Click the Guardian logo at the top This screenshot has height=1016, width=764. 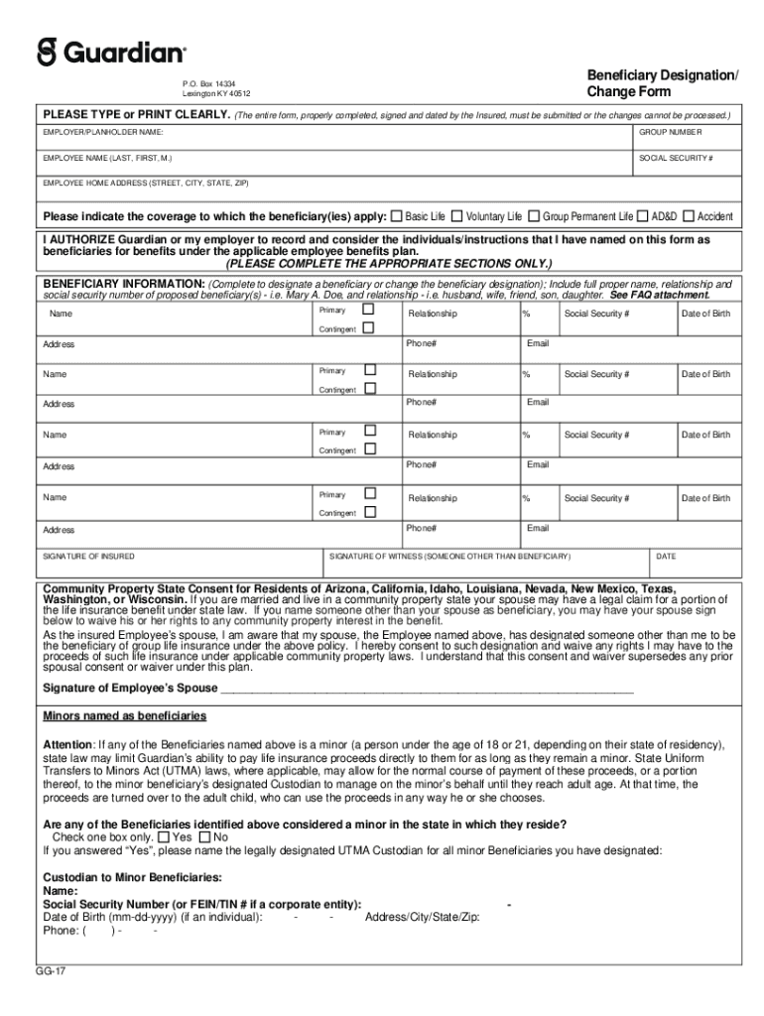(x=111, y=52)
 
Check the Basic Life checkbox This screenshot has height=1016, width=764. (x=397, y=215)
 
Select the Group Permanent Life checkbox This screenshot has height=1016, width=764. (x=534, y=215)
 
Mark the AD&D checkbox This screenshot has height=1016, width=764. (x=643, y=215)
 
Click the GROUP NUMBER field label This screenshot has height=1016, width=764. (x=670, y=132)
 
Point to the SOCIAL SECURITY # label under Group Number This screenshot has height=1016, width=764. (x=676, y=159)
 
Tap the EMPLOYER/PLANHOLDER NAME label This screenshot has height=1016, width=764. (x=103, y=132)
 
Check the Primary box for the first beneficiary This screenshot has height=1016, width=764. (x=369, y=310)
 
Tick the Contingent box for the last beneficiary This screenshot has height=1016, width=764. (x=369, y=512)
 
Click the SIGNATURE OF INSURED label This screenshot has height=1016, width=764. (x=89, y=557)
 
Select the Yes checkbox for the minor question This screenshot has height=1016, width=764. (x=164, y=836)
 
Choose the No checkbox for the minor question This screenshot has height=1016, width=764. (x=205, y=836)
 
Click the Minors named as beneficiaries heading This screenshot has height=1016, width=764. (x=124, y=715)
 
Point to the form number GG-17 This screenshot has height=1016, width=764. (x=52, y=971)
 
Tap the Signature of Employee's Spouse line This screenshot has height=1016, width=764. (x=427, y=688)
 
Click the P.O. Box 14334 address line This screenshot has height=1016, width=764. (x=209, y=83)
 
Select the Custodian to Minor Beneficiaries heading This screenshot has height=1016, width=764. (x=133, y=877)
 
